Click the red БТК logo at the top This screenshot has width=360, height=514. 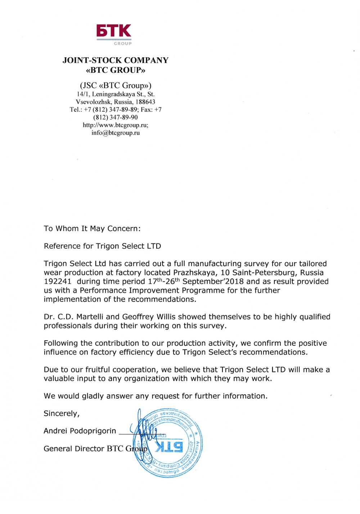pyautogui.click(x=113, y=31)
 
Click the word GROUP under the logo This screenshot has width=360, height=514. pyautogui.click(x=123, y=44)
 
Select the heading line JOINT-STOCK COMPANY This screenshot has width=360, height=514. pyautogui.click(x=116, y=60)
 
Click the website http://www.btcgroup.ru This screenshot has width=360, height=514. pyautogui.click(x=115, y=125)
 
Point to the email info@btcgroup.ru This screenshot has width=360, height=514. pyautogui.click(x=116, y=133)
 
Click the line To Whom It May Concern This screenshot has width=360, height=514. pyautogui.click(x=92, y=229)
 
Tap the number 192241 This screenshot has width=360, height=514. pyautogui.click(x=58, y=282)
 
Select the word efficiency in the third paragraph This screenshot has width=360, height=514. pyautogui.click(x=136, y=352)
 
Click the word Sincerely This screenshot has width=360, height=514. pyautogui.click(x=62, y=414)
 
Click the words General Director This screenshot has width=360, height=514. pyautogui.click(x=74, y=449)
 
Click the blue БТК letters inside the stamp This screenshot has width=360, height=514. pyautogui.click(x=169, y=447)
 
